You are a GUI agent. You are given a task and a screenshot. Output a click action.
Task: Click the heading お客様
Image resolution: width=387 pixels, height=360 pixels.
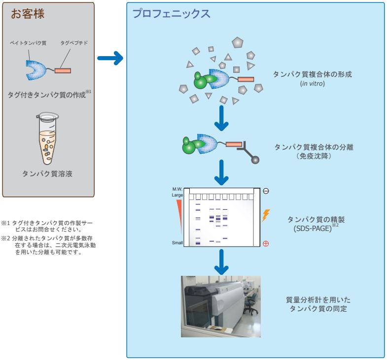(28, 14)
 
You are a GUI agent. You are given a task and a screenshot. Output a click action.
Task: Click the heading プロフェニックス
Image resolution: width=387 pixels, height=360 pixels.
(172, 14)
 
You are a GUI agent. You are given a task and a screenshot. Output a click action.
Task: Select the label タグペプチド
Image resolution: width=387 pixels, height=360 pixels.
(74, 43)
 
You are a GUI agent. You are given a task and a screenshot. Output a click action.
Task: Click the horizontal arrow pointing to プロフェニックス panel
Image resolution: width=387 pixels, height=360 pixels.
(109, 60)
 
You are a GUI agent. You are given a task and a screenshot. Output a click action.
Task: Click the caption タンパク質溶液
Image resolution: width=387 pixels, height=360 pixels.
(48, 173)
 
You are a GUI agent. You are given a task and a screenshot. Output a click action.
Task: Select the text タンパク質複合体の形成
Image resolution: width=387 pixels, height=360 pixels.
(315, 74)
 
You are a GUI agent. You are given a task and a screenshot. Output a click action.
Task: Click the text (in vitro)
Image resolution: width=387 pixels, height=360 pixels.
(315, 84)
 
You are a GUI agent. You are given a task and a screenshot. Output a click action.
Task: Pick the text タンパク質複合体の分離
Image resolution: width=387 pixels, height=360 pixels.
(315, 147)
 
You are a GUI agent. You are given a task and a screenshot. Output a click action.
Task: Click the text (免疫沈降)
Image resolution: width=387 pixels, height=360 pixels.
(315, 156)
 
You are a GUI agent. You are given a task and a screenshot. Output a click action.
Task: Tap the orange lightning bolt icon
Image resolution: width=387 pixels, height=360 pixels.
(266, 215)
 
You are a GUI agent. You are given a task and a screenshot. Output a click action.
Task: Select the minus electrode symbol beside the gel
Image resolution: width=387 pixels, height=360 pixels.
(266, 191)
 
